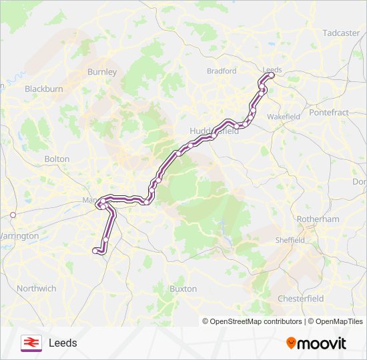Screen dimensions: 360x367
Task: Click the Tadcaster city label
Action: (x=341, y=33)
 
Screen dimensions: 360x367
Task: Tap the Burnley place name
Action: (x=102, y=71)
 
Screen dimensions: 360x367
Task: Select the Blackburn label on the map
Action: (x=43, y=88)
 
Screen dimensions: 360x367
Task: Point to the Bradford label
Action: (x=222, y=71)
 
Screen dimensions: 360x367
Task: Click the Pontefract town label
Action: (x=329, y=113)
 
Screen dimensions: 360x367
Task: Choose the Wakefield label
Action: (x=284, y=117)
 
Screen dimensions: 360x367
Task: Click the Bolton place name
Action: (x=57, y=159)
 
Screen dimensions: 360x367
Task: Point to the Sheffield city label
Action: (x=291, y=240)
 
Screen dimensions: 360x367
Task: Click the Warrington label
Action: (x=18, y=237)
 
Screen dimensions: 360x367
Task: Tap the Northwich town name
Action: (x=36, y=289)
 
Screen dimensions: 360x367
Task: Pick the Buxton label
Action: (x=183, y=289)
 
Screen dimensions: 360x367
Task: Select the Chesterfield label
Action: (x=300, y=298)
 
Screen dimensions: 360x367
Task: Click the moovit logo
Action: (x=316, y=343)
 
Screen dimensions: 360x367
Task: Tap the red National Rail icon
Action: (x=31, y=343)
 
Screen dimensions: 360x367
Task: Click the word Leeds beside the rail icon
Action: (x=63, y=343)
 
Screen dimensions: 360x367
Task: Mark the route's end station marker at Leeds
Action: (x=271, y=76)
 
